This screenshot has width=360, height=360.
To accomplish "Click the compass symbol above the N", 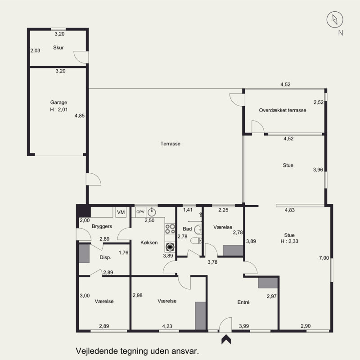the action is pyautogui.click(x=335, y=19).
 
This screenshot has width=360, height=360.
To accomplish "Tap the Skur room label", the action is pyautogui.click(x=58, y=48).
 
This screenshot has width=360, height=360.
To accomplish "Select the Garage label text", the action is pyautogui.click(x=59, y=103).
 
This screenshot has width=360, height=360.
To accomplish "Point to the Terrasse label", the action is pyautogui.click(x=171, y=144).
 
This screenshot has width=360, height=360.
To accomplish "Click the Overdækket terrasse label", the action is pyautogui.click(x=283, y=110).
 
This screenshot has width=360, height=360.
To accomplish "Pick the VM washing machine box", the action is pyautogui.click(x=121, y=212).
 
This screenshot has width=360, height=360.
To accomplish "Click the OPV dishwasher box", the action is pyautogui.click(x=140, y=212).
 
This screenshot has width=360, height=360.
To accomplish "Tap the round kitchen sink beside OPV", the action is pyautogui.click(x=152, y=212).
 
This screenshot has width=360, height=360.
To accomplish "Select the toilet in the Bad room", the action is pyautogui.click(x=196, y=240).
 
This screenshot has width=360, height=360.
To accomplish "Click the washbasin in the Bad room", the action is pyautogui.click(x=198, y=229).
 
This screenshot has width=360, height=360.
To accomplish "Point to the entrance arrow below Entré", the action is pyautogui.click(x=226, y=339).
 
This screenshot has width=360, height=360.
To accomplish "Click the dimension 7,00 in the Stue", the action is pyautogui.click(x=324, y=258).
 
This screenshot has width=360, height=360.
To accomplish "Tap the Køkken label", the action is pyautogui.click(x=149, y=243).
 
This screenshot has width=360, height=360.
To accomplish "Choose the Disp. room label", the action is pyautogui.click(x=105, y=257).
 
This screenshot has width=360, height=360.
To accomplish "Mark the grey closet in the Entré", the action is pyautogui.click(x=268, y=283).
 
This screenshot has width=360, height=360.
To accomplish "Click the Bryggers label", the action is pyautogui.click(x=102, y=226).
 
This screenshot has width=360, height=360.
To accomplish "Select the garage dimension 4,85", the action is pyautogui.click(x=80, y=116).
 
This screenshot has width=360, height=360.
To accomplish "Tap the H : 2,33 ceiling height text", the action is pyautogui.click(x=289, y=241).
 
